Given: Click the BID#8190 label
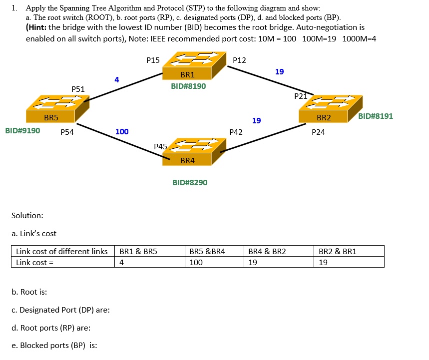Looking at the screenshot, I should [x=188, y=86].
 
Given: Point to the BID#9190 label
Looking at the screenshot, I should [x=22, y=131].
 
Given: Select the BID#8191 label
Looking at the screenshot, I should [x=376, y=116].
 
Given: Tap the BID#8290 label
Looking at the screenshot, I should [x=190, y=183].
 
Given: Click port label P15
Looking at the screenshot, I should [x=153, y=60].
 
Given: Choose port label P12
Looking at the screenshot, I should [x=239, y=60].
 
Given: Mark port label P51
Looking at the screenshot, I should [x=78, y=89].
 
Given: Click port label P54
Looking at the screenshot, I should [x=67, y=132].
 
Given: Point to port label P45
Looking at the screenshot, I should [x=160, y=147].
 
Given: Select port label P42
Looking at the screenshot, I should [x=236, y=132].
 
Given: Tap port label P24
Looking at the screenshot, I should [x=318, y=132].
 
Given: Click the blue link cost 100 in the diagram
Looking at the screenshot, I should [x=122, y=132].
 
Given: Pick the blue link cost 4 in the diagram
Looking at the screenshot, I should [x=116, y=79].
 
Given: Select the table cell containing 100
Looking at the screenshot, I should [x=196, y=262].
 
